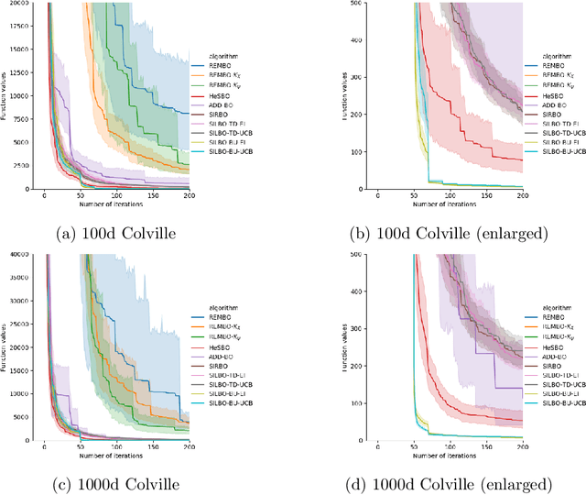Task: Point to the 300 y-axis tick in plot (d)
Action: (351, 328)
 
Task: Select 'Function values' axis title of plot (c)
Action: (5, 346)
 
